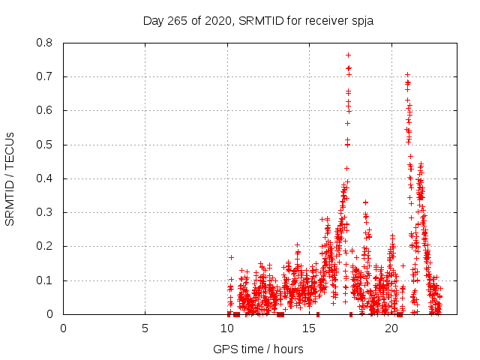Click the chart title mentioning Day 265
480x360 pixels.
click(258, 20)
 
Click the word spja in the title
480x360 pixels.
click(361, 20)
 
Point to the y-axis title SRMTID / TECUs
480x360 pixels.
click(10, 178)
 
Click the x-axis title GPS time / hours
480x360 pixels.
click(258, 349)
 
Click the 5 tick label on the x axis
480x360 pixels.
click(145, 328)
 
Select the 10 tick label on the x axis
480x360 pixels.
click(227, 328)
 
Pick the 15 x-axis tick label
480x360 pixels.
click(309, 328)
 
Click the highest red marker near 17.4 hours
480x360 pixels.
click(348, 55)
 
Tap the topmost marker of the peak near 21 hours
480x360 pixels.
click(407, 75)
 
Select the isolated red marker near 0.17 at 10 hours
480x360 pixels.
click(231, 257)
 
